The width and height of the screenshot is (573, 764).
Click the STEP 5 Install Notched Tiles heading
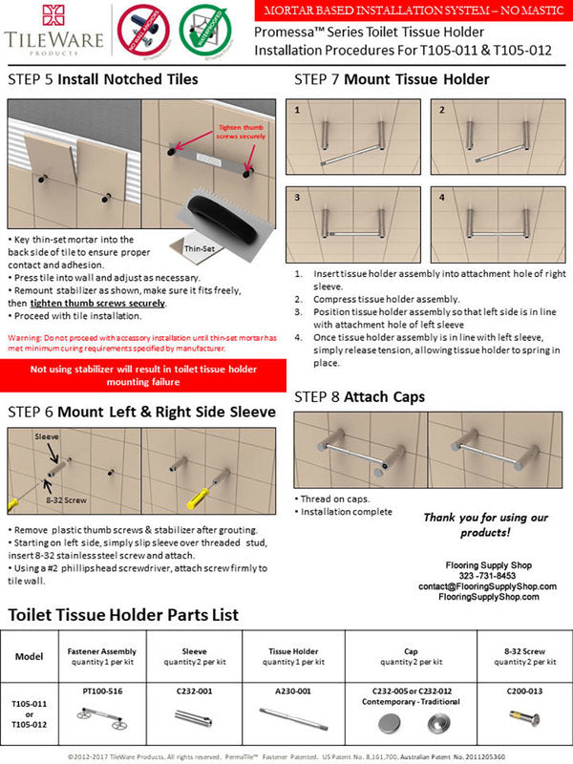102,79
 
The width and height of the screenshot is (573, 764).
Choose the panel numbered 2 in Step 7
495,138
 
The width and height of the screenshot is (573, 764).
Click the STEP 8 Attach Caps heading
359,395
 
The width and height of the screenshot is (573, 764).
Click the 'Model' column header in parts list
29,657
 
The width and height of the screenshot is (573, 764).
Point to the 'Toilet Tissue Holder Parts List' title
123,615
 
